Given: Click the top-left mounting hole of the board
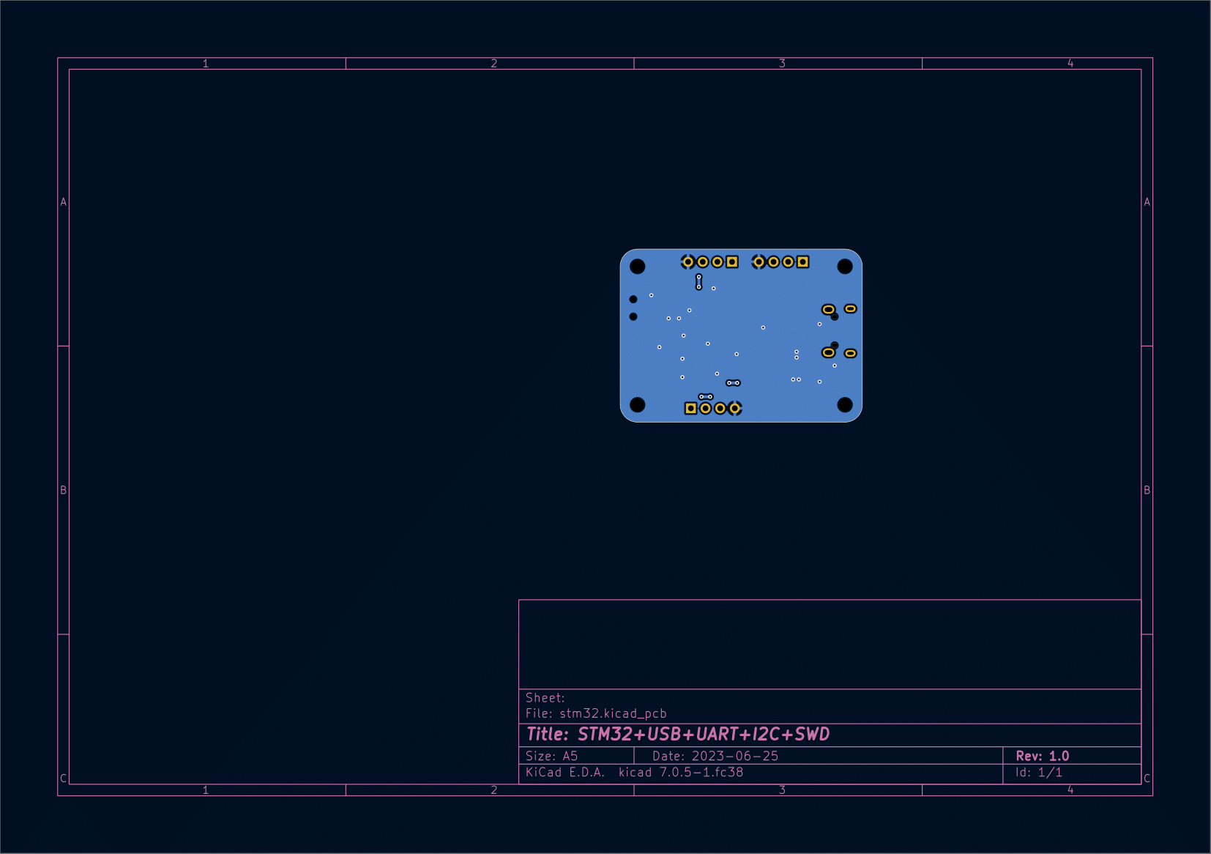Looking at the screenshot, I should point(637,266).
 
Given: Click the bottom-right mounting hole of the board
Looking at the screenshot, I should point(844,405).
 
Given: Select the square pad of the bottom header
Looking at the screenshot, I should point(690,408).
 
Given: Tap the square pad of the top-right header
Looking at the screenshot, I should point(802,261).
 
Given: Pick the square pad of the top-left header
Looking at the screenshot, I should point(731,261).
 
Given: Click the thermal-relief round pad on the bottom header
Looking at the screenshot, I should point(734,408).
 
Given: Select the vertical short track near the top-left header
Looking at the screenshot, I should point(698,282).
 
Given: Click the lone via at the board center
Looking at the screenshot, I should point(763,327).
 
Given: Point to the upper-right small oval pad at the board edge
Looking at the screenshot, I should point(850,308).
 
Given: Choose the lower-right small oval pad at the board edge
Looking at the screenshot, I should point(850,353).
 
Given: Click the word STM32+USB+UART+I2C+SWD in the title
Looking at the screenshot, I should point(703,734).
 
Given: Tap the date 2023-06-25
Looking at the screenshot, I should point(734,756).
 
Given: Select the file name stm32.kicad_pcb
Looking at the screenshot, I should point(613,713).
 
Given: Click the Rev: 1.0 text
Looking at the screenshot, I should point(1042,756).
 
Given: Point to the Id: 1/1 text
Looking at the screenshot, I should point(1038,772).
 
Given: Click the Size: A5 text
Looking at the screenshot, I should point(551,756).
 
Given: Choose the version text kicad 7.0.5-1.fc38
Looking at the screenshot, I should point(680,772).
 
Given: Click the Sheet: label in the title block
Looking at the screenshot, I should point(545,698).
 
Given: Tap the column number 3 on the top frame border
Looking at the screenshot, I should point(782,64).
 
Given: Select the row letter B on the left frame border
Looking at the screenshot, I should point(63,490).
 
